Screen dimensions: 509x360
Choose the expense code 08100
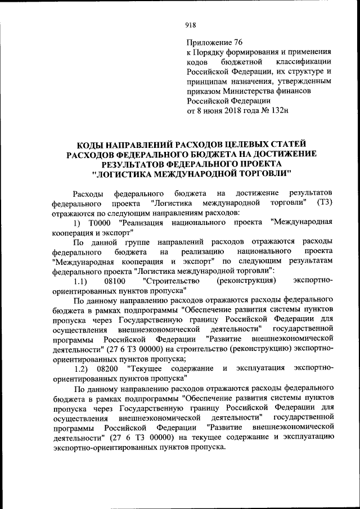[x=115, y=280]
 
